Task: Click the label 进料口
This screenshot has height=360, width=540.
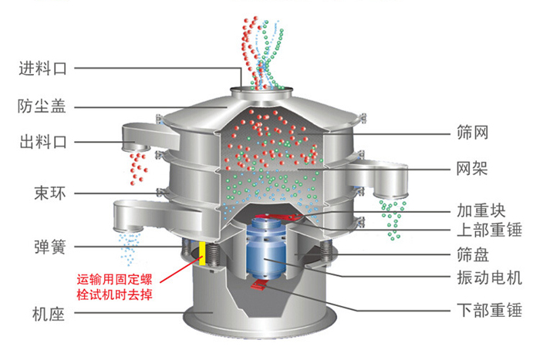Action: [42, 69]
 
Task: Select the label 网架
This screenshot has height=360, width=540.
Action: [473, 167]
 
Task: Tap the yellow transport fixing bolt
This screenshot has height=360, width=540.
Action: [202, 253]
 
